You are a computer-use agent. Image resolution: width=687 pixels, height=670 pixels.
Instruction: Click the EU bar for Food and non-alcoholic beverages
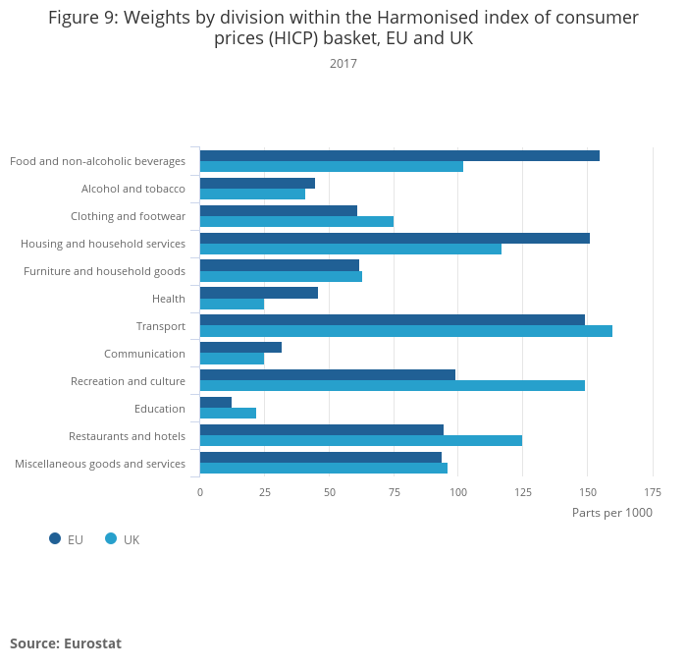click(399, 155)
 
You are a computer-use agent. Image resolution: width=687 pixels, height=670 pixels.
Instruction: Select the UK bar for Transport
click(405, 331)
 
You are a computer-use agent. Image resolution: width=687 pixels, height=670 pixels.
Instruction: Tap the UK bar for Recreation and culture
click(393, 386)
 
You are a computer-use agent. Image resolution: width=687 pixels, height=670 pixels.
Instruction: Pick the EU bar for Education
click(216, 402)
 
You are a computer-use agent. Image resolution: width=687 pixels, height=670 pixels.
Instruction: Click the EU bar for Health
click(259, 293)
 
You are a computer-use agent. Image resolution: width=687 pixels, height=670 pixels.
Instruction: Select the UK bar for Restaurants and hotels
click(361, 441)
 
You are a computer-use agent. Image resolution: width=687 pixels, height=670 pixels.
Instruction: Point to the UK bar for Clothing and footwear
click(296, 221)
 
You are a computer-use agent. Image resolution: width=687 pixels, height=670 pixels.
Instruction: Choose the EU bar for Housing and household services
click(395, 238)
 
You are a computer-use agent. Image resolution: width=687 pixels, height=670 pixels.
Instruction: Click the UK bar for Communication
click(232, 359)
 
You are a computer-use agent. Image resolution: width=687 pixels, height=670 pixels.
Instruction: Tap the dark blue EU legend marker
click(55, 538)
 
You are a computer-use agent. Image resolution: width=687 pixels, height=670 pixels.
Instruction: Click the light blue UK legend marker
click(111, 538)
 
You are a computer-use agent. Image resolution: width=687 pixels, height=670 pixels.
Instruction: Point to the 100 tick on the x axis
click(458, 491)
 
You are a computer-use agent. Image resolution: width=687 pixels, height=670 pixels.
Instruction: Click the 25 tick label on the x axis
click(265, 491)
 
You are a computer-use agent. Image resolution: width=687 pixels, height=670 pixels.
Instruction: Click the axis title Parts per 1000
click(611, 513)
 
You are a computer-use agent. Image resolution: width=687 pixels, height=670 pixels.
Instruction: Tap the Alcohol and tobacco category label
click(133, 189)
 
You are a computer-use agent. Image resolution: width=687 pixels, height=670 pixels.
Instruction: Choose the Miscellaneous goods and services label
click(100, 464)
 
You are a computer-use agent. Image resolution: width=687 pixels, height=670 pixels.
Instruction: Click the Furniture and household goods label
click(105, 271)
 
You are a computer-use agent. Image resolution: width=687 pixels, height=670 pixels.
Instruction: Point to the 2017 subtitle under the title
click(343, 64)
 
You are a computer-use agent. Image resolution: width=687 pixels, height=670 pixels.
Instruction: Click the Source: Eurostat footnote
click(66, 643)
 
